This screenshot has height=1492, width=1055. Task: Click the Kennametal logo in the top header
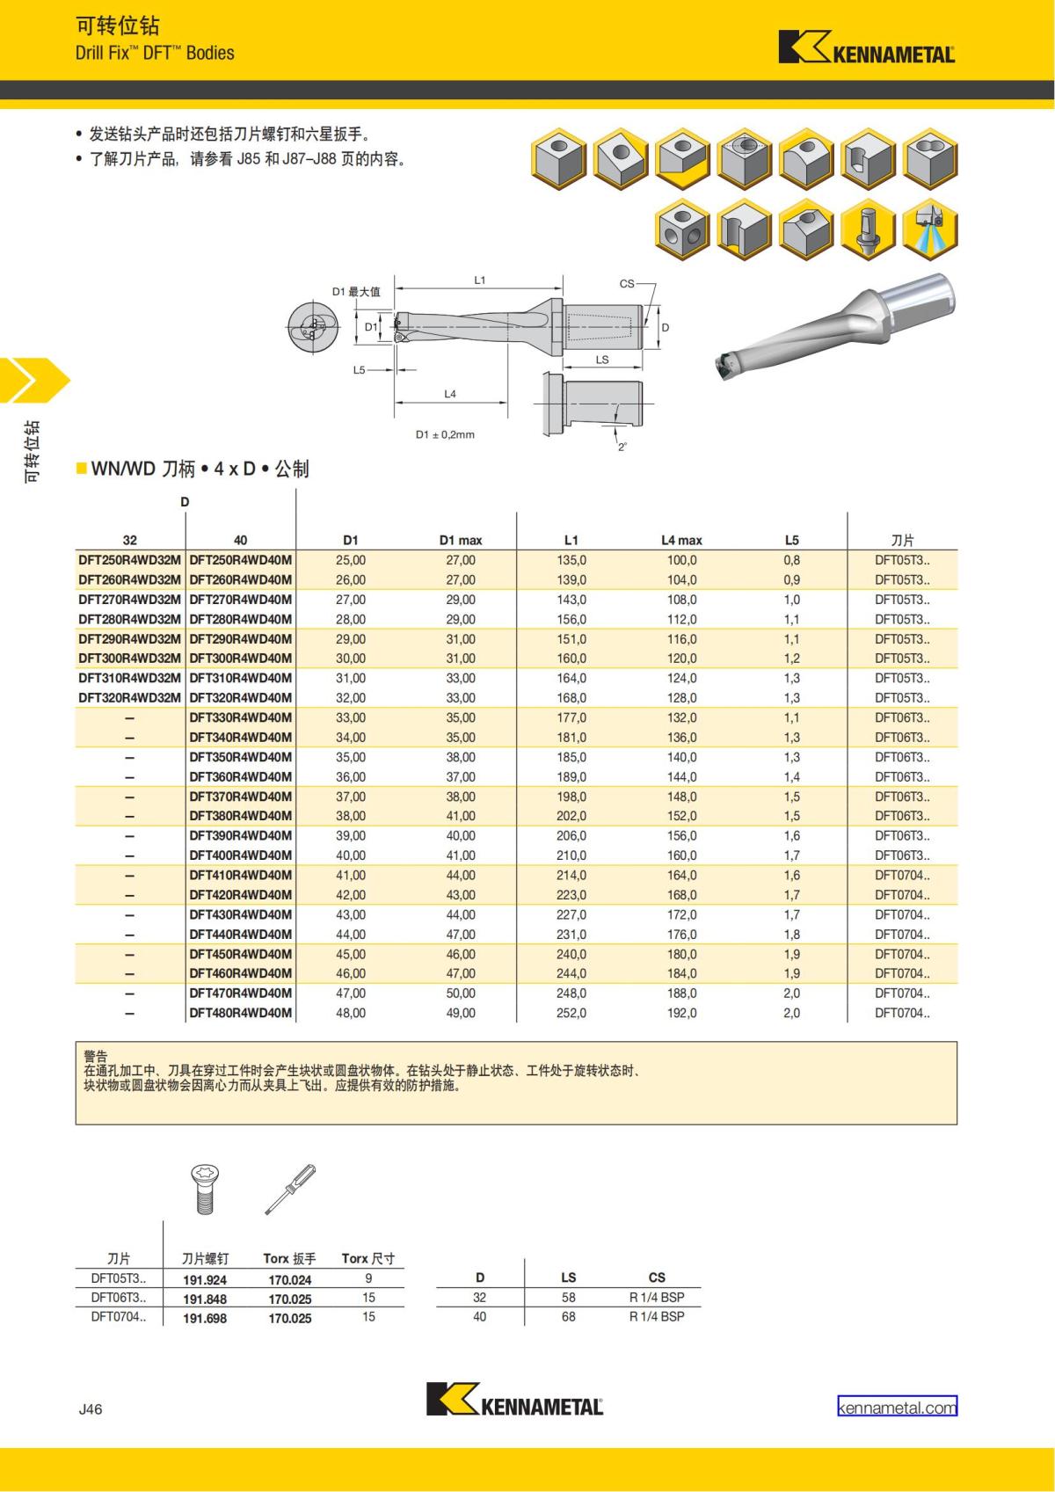[866, 48]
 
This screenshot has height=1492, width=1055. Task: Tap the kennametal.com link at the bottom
[897, 1408]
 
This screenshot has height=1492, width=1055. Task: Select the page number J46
[91, 1408]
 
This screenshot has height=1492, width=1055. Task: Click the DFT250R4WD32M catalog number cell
[130, 560]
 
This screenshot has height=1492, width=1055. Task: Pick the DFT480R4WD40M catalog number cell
[241, 1013]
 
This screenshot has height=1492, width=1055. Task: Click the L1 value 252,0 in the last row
[571, 1013]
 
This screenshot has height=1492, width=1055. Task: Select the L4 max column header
[681, 540]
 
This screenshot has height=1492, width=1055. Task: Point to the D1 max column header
[461, 540]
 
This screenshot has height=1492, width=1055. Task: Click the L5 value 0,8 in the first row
[792, 560]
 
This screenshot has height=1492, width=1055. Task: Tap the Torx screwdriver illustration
[290, 1189]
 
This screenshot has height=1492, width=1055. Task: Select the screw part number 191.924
[205, 1280]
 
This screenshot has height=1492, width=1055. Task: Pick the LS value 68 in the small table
[569, 1316]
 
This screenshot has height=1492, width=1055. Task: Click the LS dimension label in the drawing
[602, 360]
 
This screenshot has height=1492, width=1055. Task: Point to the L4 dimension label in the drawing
[450, 394]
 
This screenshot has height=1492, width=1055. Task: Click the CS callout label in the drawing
[627, 283]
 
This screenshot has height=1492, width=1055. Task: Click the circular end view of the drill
[311, 329]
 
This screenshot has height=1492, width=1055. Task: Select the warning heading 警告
[95, 1056]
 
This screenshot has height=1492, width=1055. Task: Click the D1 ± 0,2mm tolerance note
[445, 434]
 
